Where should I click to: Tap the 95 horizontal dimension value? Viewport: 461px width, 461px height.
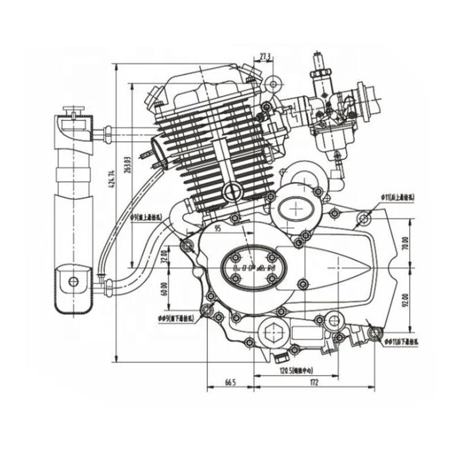click(218, 228)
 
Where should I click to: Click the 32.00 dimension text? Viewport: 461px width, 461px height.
click(164, 254)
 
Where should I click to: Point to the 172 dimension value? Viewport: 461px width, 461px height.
click(314, 382)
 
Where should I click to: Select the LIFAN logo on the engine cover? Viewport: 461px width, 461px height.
click(253, 268)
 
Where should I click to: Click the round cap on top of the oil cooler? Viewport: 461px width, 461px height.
click(73, 110)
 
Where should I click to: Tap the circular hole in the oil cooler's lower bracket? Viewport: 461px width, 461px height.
click(73, 281)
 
